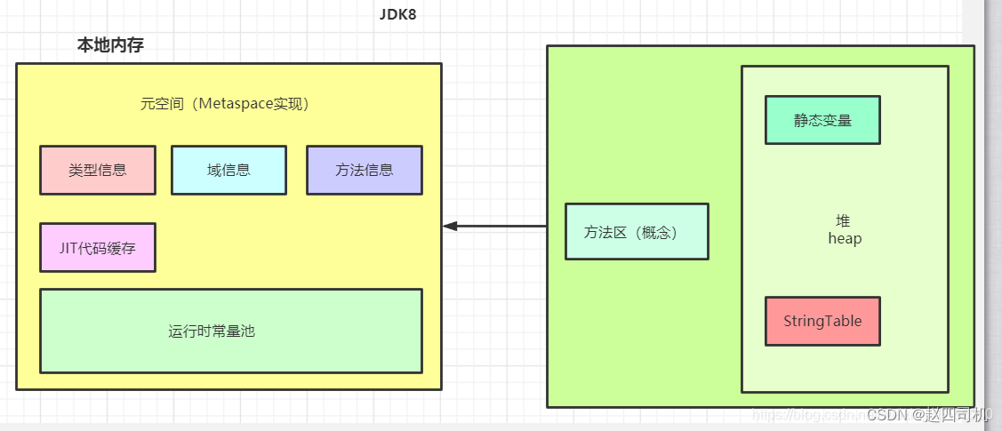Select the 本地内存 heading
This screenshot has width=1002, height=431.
coord(110,46)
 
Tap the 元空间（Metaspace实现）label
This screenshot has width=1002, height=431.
coord(224,104)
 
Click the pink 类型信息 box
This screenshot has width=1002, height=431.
coord(98,170)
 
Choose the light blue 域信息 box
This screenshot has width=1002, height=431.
coord(228,170)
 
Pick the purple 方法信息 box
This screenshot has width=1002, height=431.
coord(364,170)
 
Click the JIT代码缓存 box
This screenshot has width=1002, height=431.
coord(98,247)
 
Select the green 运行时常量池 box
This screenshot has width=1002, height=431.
coord(231,331)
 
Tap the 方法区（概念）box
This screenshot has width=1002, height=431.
coord(637,232)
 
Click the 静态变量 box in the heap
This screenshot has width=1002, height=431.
coord(822,120)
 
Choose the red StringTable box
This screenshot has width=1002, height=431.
coord(822,321)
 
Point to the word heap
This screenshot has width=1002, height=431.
coord(845,238)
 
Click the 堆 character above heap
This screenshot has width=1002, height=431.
coord(843,221)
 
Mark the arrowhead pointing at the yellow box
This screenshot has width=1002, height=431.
coord(450,227)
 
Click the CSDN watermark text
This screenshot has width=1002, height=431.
coord(886,415)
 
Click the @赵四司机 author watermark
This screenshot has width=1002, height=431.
coord(948,415)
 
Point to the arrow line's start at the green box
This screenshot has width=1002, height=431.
coord(545,227)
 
